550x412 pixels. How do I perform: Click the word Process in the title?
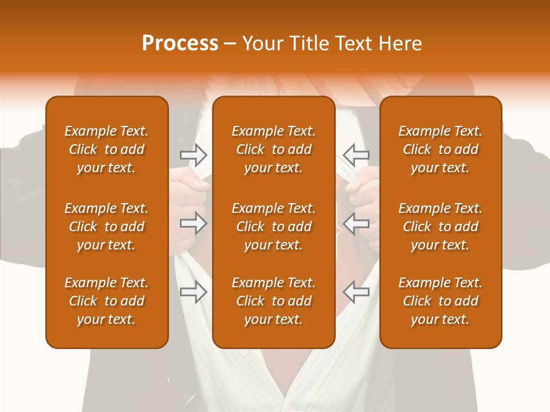(x=180, y=43)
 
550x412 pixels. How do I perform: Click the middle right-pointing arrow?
(x=193, y=223)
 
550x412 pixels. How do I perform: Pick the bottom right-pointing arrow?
(x=193, y=292)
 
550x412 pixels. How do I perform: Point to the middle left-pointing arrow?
(x=356, y=223)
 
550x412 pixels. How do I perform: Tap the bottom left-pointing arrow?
(x=356, y=292)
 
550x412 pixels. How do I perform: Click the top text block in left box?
(x=107, y=149)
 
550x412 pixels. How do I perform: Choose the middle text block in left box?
(x=107, y=227)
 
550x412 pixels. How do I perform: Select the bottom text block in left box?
(x=107, y=301)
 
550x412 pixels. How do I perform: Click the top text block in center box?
(x=273, y=149)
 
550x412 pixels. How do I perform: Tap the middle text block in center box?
(x=273, y=227)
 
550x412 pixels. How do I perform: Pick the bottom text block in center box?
(x=273, y=301)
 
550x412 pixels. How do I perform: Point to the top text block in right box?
(x=440, y=149)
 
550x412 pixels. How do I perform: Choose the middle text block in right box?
(x=440, y=227)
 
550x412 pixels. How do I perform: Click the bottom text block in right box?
(x=440, y=301)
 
